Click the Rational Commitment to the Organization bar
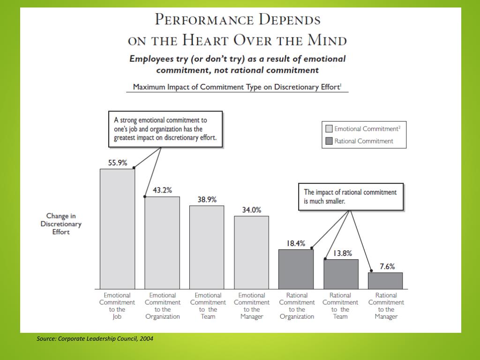pos(296,269)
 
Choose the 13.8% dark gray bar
pos(341,274)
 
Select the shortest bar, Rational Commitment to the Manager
pos(385,281)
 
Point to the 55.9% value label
pos(118,163)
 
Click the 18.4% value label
pos(296,243)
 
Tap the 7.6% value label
pos(387,266)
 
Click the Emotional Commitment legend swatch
pos(329,128)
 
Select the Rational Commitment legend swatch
pos(329,141)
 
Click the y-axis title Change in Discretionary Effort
pos(61,224)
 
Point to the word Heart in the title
pos(204,40)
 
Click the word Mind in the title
pos(327,40)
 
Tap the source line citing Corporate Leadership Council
pos(95,338)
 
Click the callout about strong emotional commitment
pos(165,129)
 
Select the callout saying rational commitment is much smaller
pos(351,196)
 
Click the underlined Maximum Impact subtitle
pos(237,87)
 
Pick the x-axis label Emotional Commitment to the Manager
pos(252,306)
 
